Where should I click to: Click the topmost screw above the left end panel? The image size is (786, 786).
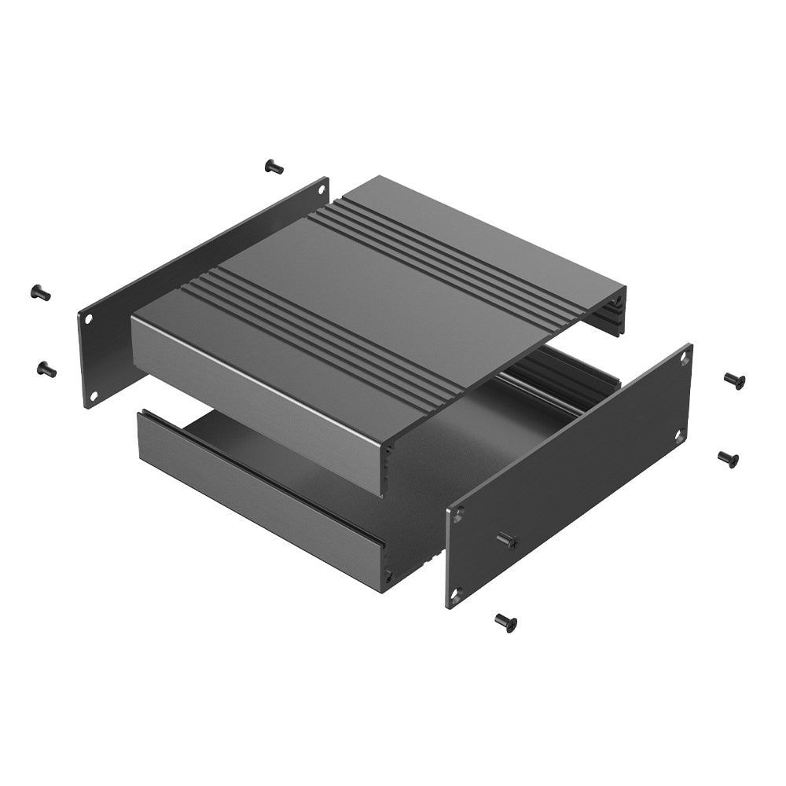pos(274,166)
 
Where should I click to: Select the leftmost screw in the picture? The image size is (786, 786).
pos(40,293)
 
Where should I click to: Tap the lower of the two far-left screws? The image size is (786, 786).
pos(46,368)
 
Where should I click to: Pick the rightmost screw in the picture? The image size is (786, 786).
pos(735,380)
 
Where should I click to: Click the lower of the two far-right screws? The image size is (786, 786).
pos(729,458)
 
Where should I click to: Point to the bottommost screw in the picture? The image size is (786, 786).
pos(505,623)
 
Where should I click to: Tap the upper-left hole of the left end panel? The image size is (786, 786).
pos(89,319)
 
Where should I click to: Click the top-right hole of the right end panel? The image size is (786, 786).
pos(684,358)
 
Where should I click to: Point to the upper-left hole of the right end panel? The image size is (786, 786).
pos(457,516)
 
